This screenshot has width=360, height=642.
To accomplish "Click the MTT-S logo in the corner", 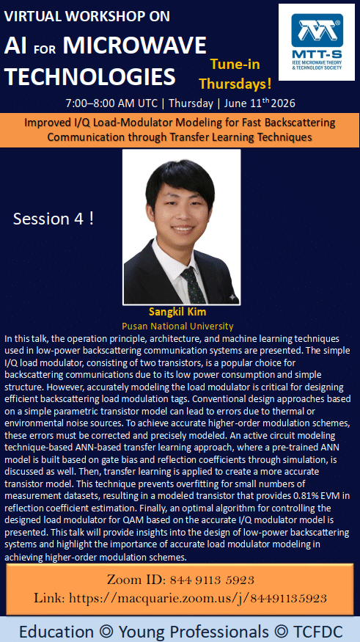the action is [317, 42].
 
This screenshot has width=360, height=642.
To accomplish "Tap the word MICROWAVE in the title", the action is [135, 45].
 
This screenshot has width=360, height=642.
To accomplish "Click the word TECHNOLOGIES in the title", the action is [90, 76].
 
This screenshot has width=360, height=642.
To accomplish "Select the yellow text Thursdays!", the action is [235, 84].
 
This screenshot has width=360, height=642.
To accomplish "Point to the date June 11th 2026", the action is [260, 103].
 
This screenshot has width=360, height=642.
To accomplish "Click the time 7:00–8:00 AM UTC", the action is [111, 103].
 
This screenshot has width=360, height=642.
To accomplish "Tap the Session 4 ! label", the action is [54, 219].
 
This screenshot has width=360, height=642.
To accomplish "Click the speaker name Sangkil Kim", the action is [177, 312].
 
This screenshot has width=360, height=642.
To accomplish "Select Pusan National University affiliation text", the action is [177, 327].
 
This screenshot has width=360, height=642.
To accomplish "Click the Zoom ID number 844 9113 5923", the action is [212, 580].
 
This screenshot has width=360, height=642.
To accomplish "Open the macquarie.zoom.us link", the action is [197, 599].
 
